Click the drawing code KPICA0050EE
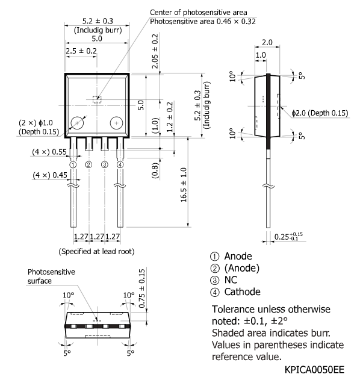tap(314, 370)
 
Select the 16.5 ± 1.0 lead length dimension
tap(184, 185)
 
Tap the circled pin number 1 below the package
tap(73, 164)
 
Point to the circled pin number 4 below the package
tap(120, 164)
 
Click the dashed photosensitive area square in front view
tap(97, 99)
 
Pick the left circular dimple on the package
tap(77, 123)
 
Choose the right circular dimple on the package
tap(116, 123)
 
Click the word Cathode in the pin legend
tap(242, 291)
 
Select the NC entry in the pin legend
tap(231, 279)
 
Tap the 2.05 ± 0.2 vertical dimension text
tap(155, 51)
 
